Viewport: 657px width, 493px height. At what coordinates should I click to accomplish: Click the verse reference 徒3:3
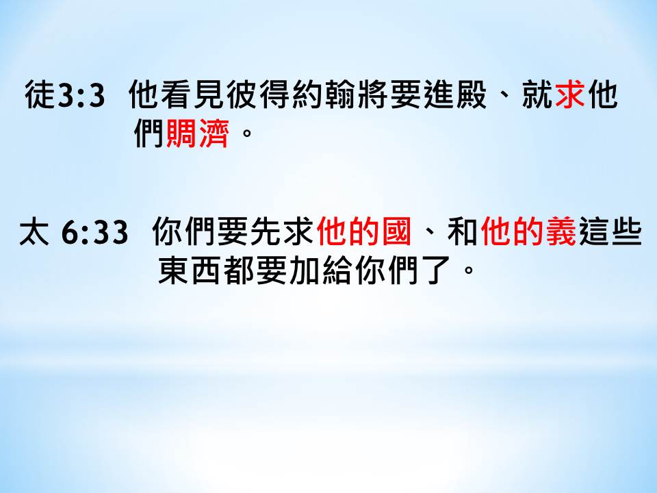[64, 94]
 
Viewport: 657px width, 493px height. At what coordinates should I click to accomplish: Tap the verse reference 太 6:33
[73, 232]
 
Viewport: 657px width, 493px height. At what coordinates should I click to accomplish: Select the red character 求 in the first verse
[570, 94]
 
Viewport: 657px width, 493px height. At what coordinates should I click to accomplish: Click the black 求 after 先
[299, 232]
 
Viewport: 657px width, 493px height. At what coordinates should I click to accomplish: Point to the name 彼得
[243, 94]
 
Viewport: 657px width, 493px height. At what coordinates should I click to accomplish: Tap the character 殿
[472, 94]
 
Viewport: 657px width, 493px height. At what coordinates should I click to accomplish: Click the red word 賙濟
[198, 134]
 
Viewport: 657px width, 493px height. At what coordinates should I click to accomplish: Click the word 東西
[190, 271]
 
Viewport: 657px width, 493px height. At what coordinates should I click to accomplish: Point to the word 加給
[320, 271]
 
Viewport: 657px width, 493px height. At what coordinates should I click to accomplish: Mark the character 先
[266, 232]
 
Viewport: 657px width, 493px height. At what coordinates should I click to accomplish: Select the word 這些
[610, 232]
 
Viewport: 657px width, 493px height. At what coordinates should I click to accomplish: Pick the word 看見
[178, 94]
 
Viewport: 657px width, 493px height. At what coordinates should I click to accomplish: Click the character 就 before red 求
[537, 94]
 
